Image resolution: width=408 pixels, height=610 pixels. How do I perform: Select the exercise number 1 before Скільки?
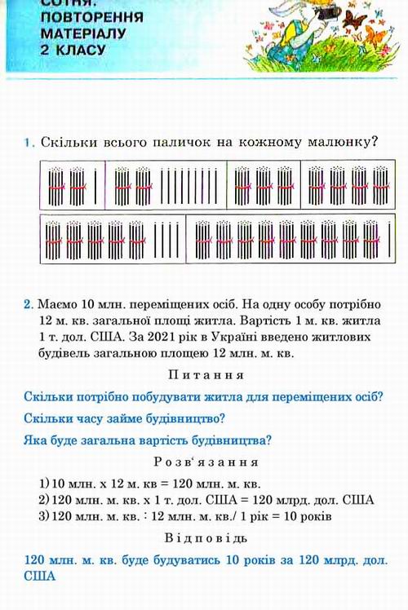click(28, 142)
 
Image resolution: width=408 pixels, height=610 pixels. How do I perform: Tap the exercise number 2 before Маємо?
click(28, 304)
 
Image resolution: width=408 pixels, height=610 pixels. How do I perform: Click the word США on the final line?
click(37, 576)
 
